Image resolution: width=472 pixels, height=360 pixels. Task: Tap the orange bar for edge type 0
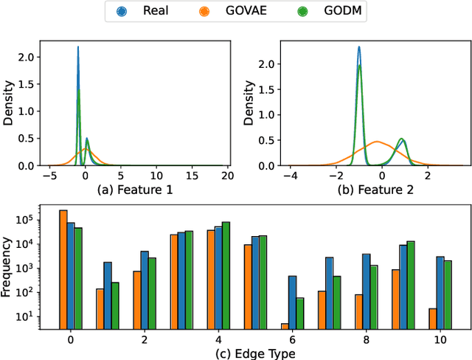(63, 269)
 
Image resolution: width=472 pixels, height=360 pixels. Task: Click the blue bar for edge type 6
(292, 302)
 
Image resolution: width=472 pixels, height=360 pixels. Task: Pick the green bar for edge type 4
(226, 274)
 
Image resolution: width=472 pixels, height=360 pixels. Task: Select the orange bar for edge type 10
(432, 318)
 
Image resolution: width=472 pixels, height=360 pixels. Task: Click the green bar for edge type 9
(411, 284)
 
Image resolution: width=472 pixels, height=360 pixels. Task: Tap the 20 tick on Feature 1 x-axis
(226, 177)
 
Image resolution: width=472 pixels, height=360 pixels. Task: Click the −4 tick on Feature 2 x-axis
(294, 177)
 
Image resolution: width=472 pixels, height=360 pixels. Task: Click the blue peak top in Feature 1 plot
(78, 48)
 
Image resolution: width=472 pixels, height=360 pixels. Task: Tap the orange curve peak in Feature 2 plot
(378, 141)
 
